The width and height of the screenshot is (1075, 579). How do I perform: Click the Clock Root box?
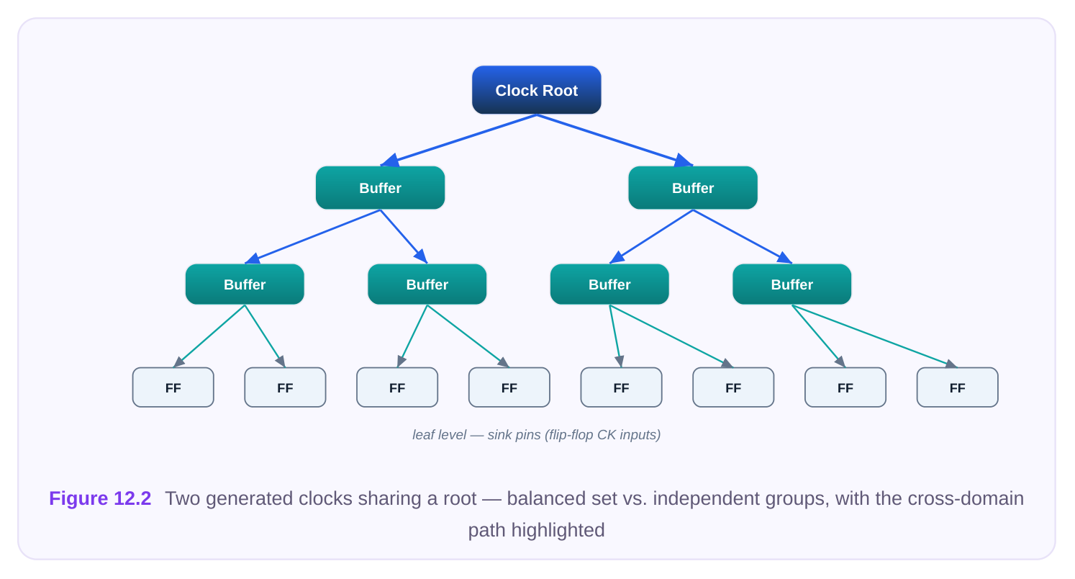pyautogui.click(x=537, y=90)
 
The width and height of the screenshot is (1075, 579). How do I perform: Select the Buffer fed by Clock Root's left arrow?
pyautogui.click(x=380, y=188)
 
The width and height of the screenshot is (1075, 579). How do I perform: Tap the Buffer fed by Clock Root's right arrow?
pyautogui.click(x=693, y=188)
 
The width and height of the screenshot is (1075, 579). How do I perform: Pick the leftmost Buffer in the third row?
pyautogui.click(x=245, y=284)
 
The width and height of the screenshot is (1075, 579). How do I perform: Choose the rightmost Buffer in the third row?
pyautogui.click(x=791, y=284)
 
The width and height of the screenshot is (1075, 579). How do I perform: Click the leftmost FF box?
pyautogui.click(x=173, y=387)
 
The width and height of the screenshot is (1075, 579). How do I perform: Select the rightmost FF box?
pyautogui.click(x=958, y=387)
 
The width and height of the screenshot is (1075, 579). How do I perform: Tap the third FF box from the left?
pyautogui.click(x=397, y=387)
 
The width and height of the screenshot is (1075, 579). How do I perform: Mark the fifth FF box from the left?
pyautogui.click(x=622, y=387)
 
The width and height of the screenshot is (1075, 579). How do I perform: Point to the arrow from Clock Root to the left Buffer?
pyautogui.click(x=458, y=140)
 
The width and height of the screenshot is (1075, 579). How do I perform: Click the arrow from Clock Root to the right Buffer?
pyautogui.click(x=614, y=140)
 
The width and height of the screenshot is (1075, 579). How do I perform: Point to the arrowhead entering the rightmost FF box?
pyautogui.click(x=951, y=364)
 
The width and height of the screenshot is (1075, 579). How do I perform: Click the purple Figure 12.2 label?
pyautogui.click(x=100, y=498)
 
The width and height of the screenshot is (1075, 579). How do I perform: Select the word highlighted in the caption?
pyautogui.click(x=558, y=530)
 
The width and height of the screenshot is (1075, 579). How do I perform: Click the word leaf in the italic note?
pyautogui.click(x=422, y=435)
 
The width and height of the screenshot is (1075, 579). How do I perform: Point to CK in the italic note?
pyautogui.click(x=606, y=435)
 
